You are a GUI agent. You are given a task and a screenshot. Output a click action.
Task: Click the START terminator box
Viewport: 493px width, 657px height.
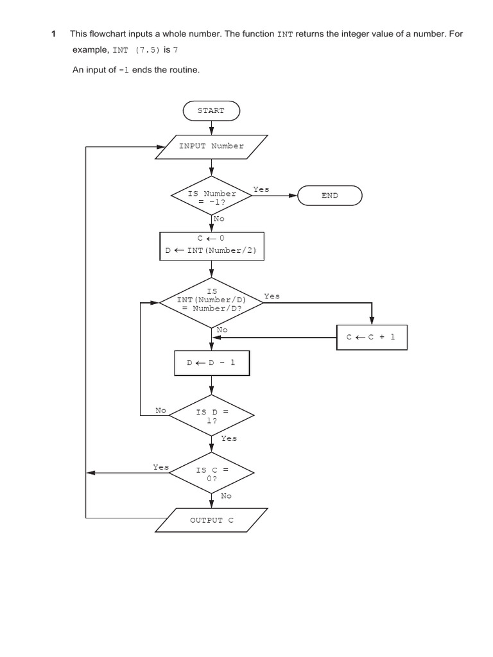click(x=211, y=110)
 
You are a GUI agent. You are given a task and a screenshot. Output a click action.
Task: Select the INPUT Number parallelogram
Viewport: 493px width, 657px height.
click(x=211, y=146)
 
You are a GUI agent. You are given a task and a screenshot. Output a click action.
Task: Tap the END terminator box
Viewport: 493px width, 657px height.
click(x=330, y=196)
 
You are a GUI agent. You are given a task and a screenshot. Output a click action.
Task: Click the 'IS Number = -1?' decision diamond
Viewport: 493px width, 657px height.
click(x=211, y=197)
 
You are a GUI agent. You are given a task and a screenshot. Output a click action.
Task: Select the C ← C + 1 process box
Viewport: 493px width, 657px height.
click(x=372, y=337)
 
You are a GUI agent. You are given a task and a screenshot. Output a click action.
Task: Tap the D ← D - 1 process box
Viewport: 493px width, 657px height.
click(x=211, y=363)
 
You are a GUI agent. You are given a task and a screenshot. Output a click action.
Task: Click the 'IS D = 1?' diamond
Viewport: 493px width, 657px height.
click(x=211, y=416)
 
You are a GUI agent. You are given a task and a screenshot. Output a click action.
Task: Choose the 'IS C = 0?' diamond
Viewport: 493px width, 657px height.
click(x=211, y=473)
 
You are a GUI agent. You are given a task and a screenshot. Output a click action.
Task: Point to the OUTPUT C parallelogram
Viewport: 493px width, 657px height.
click(x=211, y=520)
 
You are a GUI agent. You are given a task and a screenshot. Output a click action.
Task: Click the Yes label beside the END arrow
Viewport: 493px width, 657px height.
click(x=261, y=189)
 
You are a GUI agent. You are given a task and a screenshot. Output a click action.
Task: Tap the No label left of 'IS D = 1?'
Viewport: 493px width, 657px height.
click(x=161, y=409)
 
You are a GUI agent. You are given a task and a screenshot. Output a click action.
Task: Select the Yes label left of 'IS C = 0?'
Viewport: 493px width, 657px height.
click(x=160, y=466)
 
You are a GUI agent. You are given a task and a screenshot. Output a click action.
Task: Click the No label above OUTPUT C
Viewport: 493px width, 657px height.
click(x=227, y=496)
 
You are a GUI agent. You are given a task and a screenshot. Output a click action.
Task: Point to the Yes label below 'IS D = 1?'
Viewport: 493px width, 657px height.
click(x=229, y=438)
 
